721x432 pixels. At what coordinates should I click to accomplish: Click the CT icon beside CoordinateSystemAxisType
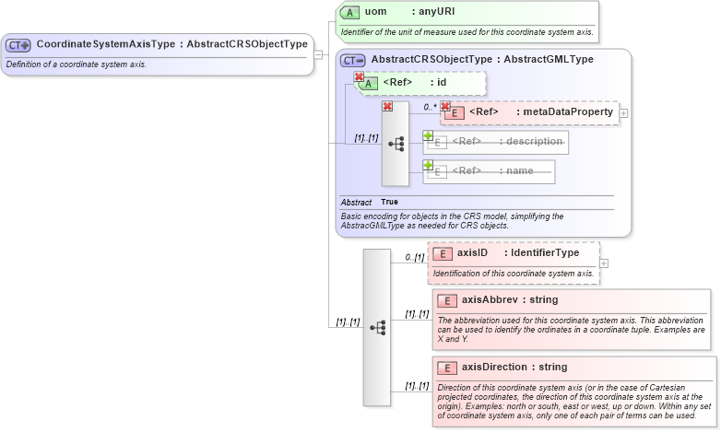(x=18, y=44)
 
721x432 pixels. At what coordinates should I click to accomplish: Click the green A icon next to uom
(x=349, y=13)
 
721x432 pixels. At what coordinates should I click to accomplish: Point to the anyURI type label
(x=432, y=13)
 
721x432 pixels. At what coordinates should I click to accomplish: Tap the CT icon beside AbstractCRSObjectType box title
(x=353, y=60)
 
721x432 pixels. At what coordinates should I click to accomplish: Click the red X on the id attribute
(x=359, y=77)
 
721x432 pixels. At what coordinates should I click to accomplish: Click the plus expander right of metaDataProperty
(x=624, y=113)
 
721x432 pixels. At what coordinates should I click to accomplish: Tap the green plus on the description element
(x=428, y=135)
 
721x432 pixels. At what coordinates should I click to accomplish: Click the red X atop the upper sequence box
(x=387, y=107)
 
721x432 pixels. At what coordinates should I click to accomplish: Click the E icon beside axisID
(x=443, y=253)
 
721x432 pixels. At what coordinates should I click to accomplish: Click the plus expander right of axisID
(x=604, y=263)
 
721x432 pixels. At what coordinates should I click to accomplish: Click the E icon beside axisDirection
(x=447, y=368)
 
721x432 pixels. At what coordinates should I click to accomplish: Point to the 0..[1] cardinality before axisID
(x=415, y=258)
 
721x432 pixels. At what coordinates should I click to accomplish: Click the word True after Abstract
(x=389, y=202)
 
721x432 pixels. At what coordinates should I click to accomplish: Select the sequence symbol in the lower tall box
(x=377, y=327)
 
